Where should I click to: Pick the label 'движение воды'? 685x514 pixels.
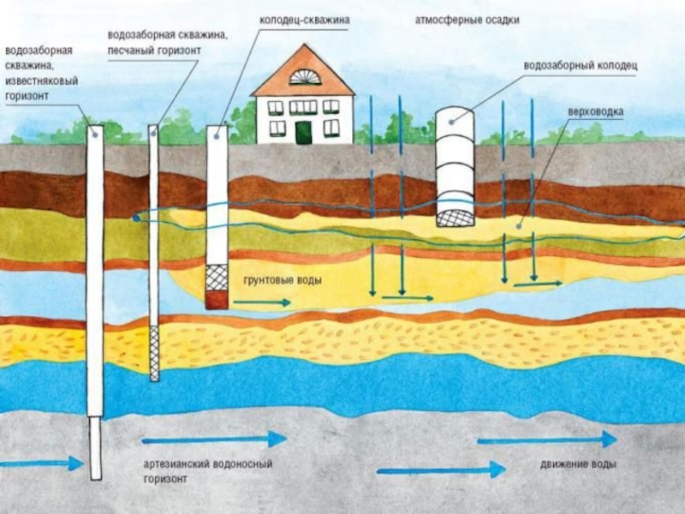(x=579, y=464)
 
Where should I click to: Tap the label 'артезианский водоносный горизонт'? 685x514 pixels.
(x=207, y=471)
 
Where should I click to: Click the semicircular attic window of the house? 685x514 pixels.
(x=304, y=77)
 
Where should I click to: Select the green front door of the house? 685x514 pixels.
(x=303, y=132)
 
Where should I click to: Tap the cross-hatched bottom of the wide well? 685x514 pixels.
(x=456, y=216)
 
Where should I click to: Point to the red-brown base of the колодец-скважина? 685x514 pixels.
(x=217, y=299)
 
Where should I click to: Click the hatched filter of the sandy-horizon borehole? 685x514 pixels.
(x=154, y=353)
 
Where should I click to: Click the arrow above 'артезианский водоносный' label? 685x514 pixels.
(x=214, y=439)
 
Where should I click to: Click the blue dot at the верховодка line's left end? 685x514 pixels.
(x=136, y=218)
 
